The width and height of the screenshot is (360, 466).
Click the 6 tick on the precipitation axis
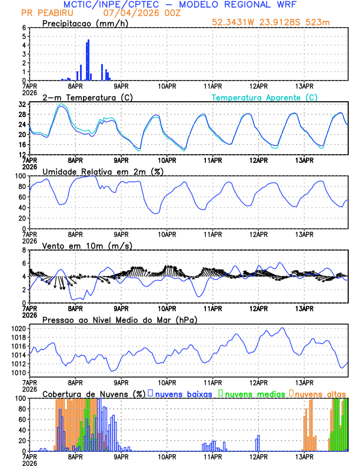24,28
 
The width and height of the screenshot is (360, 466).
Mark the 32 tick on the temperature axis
22,104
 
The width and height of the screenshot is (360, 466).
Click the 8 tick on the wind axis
24,250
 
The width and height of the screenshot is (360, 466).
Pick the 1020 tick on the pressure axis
18,328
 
